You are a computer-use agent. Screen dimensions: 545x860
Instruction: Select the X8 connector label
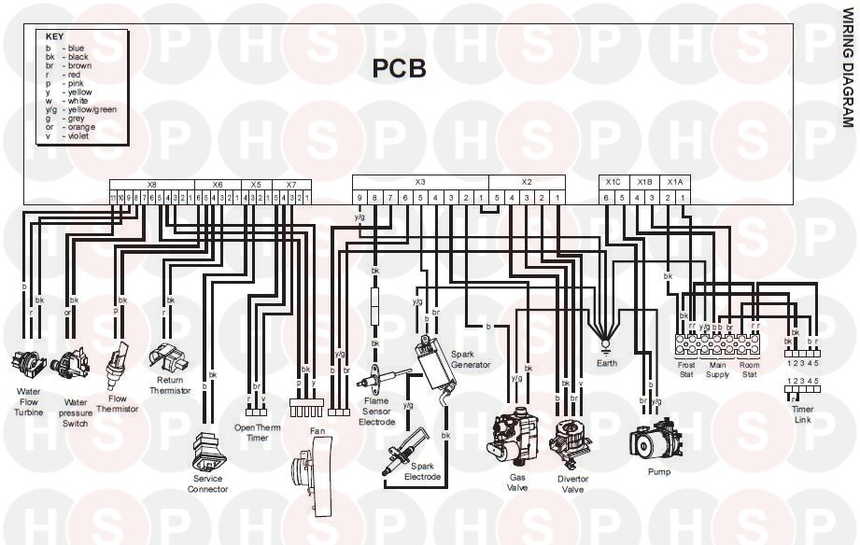(152, 185)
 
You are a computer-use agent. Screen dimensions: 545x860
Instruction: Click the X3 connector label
(420, 182)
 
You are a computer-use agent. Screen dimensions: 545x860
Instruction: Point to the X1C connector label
(613, 182)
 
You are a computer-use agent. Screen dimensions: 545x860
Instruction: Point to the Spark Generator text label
(470, 359)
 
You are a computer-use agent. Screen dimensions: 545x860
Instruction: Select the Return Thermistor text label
(169, 385)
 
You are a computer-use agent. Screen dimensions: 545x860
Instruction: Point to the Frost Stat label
(686, 370)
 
